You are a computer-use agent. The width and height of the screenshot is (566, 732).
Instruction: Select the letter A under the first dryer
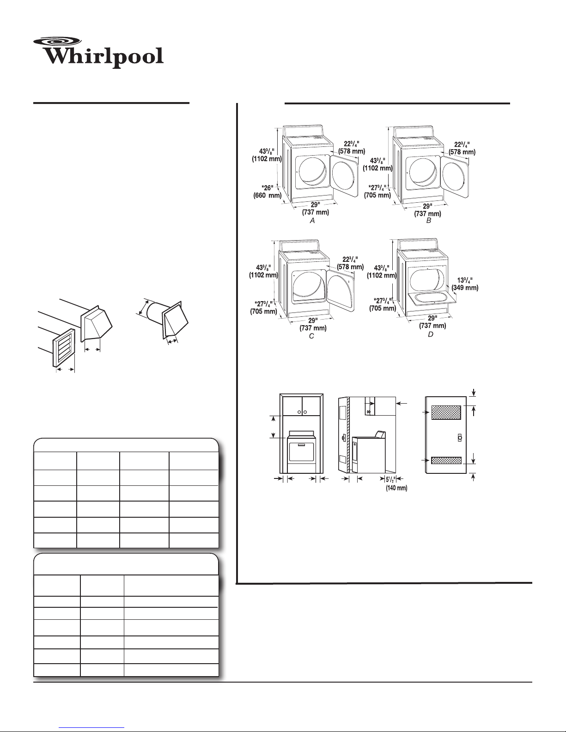coord(312,221)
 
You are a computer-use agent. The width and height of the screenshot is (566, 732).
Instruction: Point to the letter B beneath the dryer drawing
coord(429,221)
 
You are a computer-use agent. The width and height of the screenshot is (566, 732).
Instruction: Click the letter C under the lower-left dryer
coord(311,336)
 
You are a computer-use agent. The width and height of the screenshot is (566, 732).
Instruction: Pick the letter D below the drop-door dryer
coord(430,334)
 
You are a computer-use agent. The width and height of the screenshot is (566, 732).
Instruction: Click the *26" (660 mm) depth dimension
coord(267,191)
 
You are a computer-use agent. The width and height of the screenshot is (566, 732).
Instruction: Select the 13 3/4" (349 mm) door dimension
coord(465,284)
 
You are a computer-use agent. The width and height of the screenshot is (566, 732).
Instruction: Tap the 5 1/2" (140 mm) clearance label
coord(396,484)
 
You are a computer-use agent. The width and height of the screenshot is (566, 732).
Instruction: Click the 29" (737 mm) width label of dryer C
coord(313,324)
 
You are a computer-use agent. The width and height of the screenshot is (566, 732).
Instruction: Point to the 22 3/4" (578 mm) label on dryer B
coord(462,148)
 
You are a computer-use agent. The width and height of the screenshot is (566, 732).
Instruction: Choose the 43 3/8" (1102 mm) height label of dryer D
coord(381,272)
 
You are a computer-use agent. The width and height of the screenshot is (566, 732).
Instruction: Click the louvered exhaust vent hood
coord(64,347)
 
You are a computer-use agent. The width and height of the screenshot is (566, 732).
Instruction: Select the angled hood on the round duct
coord(175,319)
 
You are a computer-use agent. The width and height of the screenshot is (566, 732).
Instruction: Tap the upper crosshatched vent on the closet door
coord(446,412)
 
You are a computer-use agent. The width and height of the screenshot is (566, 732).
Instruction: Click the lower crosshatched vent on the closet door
coord(446,460)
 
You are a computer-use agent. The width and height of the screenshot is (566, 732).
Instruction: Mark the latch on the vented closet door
coord(460,437)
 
